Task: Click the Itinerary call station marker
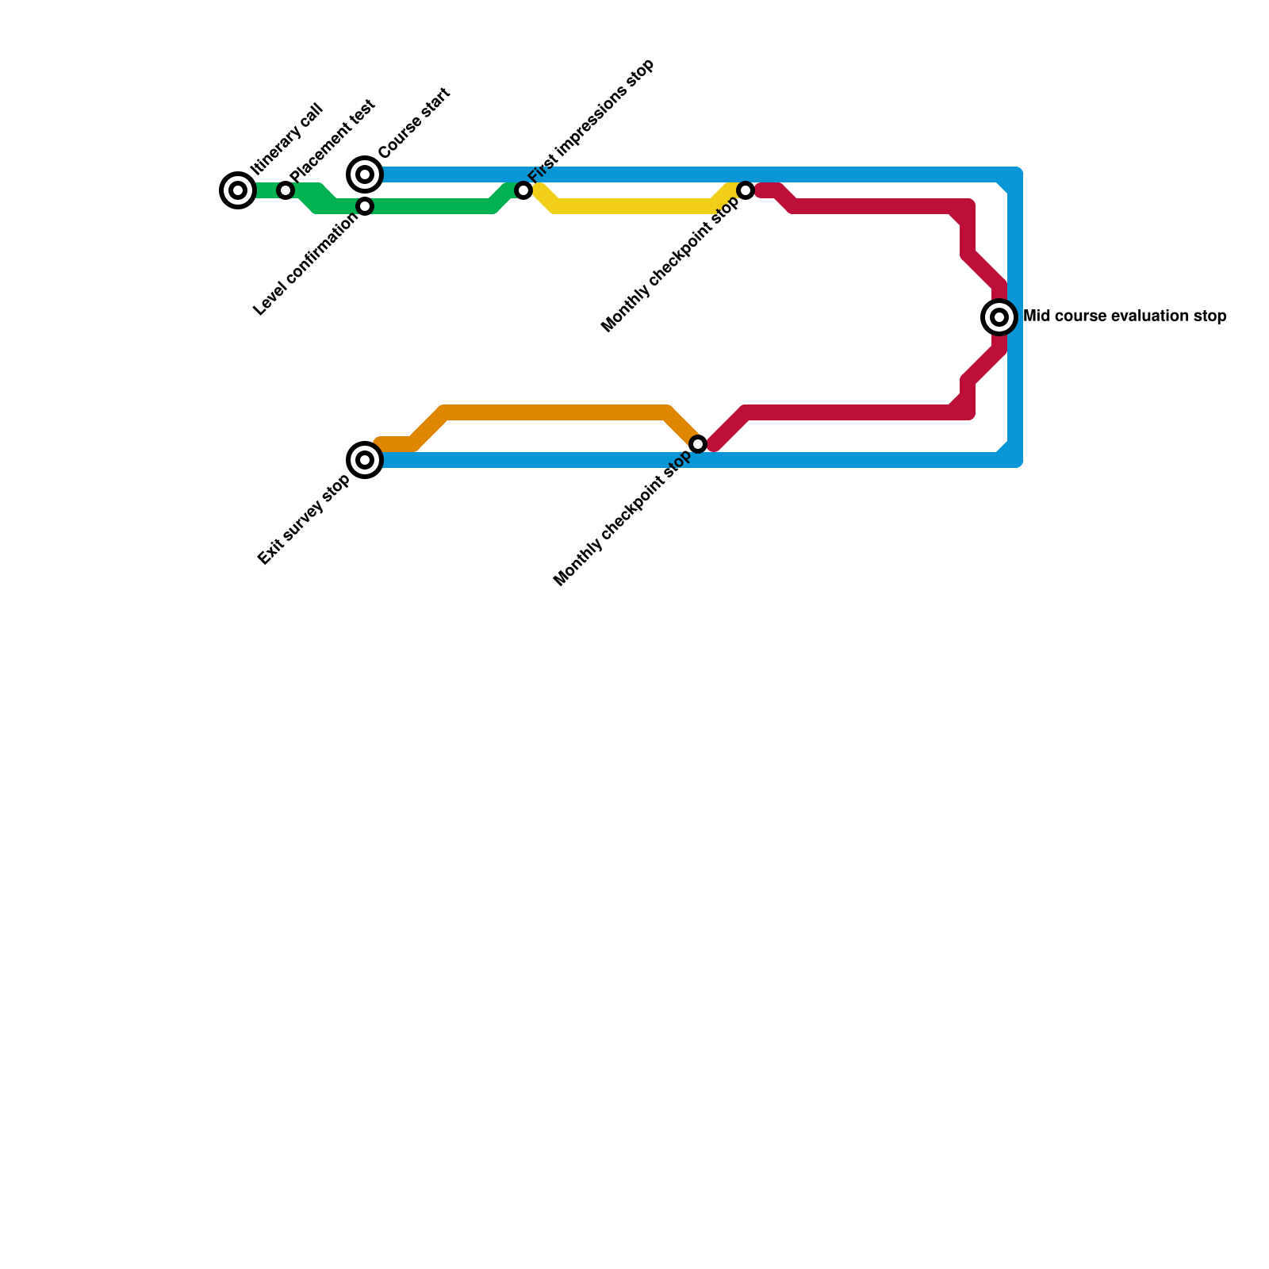click(238, 190)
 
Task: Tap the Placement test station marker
click(286, 190)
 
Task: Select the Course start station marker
click(365, 174)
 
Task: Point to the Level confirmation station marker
click(365, 206)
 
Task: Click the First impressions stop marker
click(523, 190)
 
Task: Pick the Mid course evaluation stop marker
click(1000, 317)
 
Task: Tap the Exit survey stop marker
click(365, 460)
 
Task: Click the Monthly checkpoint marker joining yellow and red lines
click(746, 190)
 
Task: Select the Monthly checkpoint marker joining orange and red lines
click(698, 444)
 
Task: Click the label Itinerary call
click(286, 139)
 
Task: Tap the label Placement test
click(332, 141)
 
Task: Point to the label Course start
click(414, 123)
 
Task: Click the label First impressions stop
click(591, 120)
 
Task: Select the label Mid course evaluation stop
click(1125, 316)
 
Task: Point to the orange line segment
click(555, 412)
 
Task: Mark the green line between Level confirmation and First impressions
click(428, 206)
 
